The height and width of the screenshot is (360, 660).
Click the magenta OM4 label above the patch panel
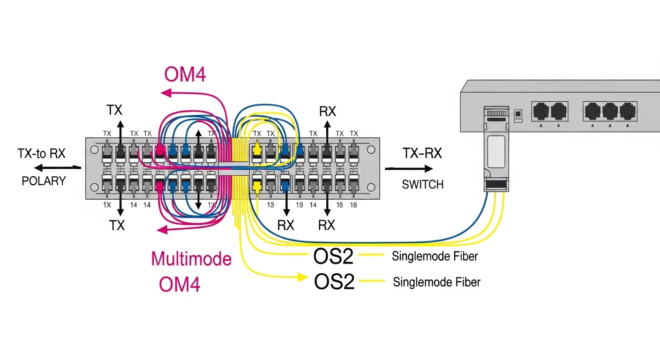click(185, 75)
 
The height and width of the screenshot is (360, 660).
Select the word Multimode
click(191, 259)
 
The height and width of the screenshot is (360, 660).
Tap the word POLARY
click(44, 181)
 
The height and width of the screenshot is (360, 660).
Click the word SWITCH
click(423, 185)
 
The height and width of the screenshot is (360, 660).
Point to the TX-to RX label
click(42, 154)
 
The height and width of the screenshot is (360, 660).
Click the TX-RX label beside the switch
click(422, 153)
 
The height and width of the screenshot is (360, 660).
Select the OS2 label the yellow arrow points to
click(333, 282)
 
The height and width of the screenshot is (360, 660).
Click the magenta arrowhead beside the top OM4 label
click(165, 93)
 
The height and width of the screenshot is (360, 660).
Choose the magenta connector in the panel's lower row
click(159, 187)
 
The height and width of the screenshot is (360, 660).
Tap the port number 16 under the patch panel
click(339, 205)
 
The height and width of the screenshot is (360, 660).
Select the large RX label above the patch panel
click(327, 112)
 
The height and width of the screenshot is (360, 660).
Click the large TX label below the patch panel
click(117, 225)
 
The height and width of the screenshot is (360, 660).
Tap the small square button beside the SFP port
click(518, 113)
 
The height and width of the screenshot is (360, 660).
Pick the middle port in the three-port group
click(610, 112)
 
